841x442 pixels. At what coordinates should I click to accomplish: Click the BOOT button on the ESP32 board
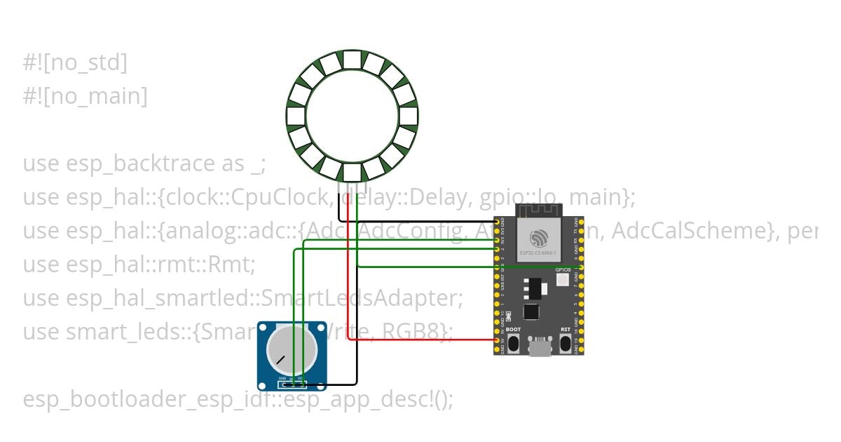514,344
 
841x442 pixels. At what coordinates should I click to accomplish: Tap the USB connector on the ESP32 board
540,347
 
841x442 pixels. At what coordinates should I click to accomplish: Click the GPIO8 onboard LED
562,280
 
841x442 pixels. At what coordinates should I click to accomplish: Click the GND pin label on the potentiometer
282,379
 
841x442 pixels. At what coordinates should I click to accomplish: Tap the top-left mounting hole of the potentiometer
264,328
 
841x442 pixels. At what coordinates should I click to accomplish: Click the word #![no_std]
75,63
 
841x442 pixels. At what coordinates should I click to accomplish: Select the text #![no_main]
85,96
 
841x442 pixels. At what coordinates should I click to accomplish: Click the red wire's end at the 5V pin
498,340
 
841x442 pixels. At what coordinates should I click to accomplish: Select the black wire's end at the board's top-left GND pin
498,222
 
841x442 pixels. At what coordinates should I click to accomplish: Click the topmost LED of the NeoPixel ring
352,60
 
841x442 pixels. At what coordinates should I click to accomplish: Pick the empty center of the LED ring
352,116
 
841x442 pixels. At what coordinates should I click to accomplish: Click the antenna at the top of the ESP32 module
539,210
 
